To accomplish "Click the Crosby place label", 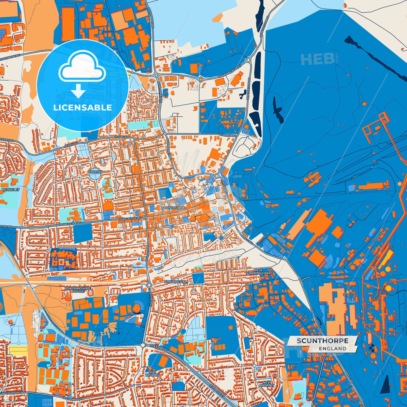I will click(x=96, y=172).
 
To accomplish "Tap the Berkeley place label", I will click(x=11, y=190).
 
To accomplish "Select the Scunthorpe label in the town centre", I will click(x=173, y=208).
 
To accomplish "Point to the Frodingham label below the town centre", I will click(x=176, y=282).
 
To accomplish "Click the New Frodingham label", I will click(x=258, y=272).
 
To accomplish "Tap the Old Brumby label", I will click(x=152, y=374).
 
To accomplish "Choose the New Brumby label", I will click(x=267, y=384).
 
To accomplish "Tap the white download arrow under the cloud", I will click(x=78, y=91).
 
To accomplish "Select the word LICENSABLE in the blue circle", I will click(x=83, y=108).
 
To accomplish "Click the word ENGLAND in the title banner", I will click(x=332, y=349).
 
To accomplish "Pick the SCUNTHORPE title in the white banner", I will click(x=322, y=341).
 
